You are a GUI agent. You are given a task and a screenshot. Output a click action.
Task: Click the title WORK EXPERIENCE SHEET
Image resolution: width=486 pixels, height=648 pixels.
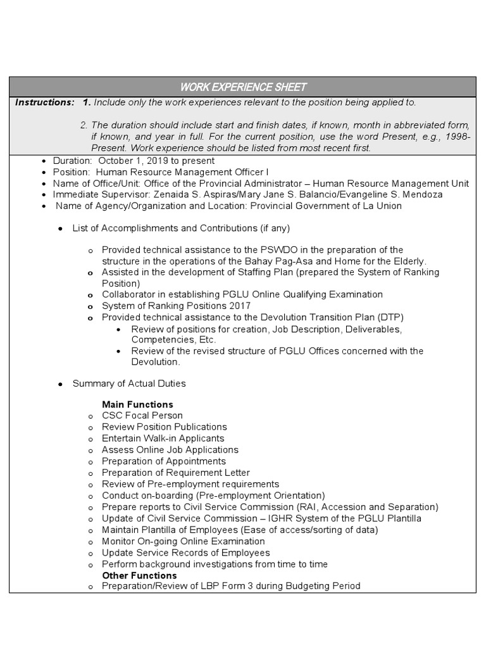pos(243,87)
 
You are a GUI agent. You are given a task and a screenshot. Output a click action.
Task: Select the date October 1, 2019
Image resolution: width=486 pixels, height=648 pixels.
pos(132,161)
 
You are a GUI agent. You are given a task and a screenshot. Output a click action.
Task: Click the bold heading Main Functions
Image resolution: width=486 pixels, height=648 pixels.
pos(137,404)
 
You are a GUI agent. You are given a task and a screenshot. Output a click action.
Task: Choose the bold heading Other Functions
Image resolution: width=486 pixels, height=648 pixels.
pos(139,575)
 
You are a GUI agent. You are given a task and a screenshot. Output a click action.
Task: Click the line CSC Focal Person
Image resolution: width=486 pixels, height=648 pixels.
pos(142,416)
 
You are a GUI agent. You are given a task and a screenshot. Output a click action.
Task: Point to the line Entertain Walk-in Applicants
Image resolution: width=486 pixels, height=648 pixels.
pos(163,438)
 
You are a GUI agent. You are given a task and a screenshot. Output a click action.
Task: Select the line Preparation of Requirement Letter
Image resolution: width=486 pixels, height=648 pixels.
pos(175,473)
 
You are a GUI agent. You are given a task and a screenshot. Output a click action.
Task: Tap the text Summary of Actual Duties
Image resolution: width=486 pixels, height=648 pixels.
pos(129,383)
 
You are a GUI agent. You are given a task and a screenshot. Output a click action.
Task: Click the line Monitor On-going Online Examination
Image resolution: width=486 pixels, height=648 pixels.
pos(183,541)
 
